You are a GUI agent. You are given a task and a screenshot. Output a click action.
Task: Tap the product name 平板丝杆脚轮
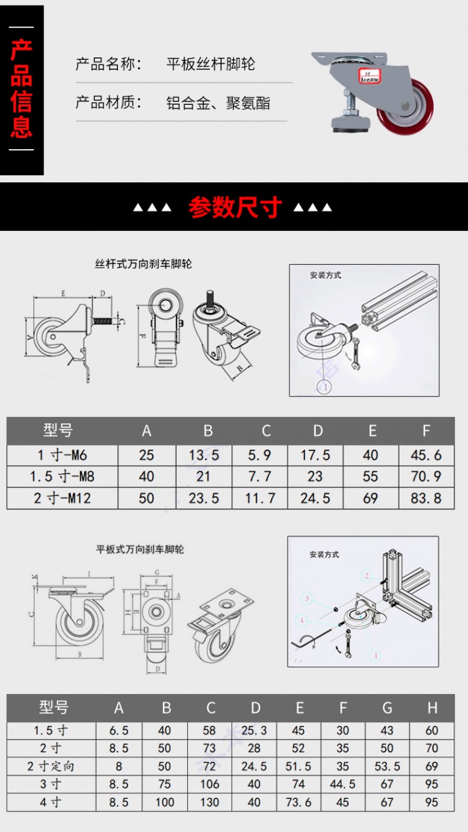coord(210,64)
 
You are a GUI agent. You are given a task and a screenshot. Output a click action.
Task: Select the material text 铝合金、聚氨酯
coord(218,103)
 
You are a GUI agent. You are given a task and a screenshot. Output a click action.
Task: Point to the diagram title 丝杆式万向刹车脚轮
coord(143,264)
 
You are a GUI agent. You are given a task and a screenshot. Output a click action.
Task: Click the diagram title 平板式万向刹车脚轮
coord(140,550)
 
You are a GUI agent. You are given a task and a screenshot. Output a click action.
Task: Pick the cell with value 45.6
coord(426,455)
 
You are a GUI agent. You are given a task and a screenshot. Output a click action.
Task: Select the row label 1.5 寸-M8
coord(62,477)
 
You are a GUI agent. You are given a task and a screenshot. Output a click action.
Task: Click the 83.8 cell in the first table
coord(426,499)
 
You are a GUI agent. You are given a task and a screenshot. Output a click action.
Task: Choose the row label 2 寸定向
coord(51,766)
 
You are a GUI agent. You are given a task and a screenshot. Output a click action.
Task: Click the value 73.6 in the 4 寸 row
coord(299,802)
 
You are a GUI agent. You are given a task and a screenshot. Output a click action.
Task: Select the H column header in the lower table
coord(432,708)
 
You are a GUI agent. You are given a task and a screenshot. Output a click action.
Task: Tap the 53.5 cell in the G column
coord(387,766)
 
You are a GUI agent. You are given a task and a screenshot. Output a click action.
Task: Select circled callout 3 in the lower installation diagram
coord(306,598)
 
